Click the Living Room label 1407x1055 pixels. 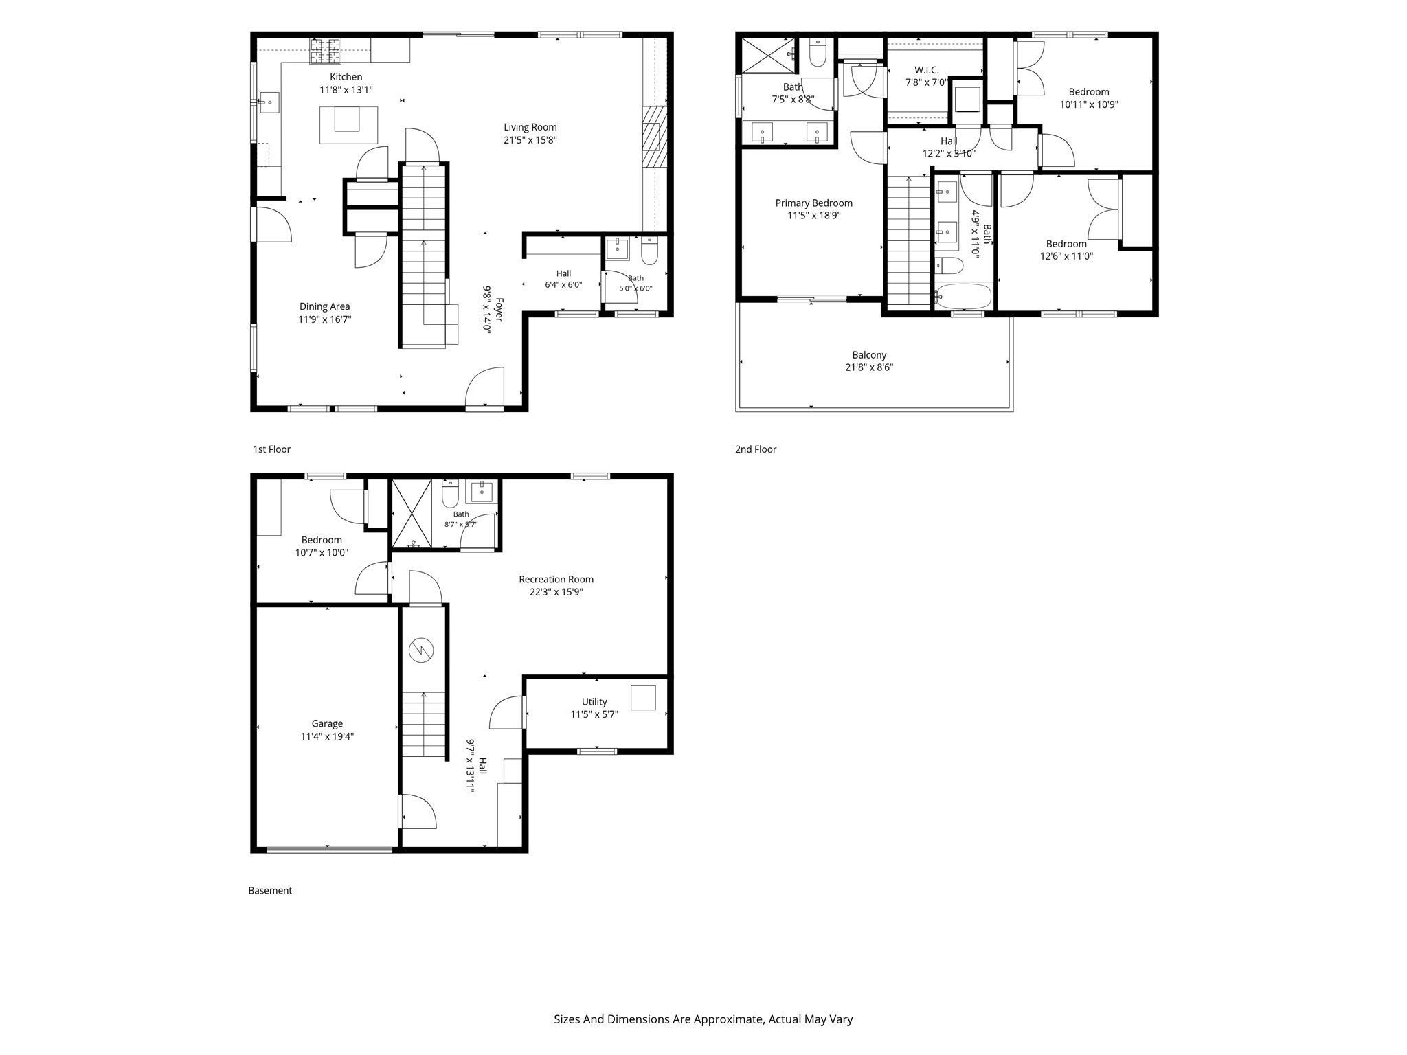coord(530,127)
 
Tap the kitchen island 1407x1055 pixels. coord(348,124)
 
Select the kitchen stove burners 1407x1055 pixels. coord(325,47)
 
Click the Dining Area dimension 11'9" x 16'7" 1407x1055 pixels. coord(325,319)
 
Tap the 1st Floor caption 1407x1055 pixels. coord(271,449)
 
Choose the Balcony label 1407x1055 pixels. coord(869,355)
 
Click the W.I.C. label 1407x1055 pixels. coord(926,70)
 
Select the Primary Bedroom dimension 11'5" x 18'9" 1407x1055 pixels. coord(813,216)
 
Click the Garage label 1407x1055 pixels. coord(327,723)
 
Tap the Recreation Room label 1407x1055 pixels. coord(556,579)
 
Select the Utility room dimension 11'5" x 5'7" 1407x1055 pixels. coord(594,714)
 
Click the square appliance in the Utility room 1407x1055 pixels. coord(643,698)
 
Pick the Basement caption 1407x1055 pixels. coord(270,891)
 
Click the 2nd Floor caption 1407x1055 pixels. coord(756,449)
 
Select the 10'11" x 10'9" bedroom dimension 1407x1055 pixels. coord(1089,105)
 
